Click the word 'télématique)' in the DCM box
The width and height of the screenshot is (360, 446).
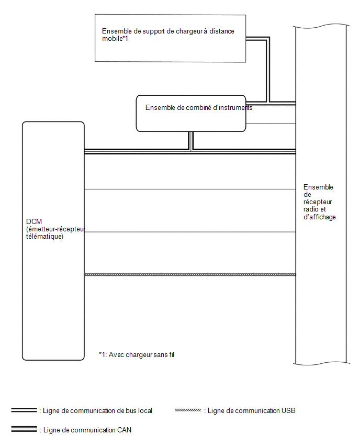44,237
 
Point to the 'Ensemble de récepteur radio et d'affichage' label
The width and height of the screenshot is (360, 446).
319,202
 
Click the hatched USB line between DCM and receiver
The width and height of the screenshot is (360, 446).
190,275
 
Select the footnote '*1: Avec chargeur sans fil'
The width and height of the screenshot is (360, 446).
137,355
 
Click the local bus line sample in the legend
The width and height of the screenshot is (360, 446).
24,410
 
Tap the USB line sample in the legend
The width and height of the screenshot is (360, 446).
188,410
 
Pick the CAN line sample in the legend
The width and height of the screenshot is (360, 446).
24,429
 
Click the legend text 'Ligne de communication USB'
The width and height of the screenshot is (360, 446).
251,411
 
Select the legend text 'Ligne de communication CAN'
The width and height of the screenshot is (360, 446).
87,430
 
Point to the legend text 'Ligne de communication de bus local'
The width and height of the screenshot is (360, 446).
97,411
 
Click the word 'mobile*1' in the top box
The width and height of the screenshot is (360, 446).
115,39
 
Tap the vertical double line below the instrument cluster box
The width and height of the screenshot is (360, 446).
191,140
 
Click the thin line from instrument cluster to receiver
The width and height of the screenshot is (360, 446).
271,124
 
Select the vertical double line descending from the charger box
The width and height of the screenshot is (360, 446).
267,70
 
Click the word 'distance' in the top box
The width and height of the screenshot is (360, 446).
222,31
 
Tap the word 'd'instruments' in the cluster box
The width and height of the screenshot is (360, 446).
233,107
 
